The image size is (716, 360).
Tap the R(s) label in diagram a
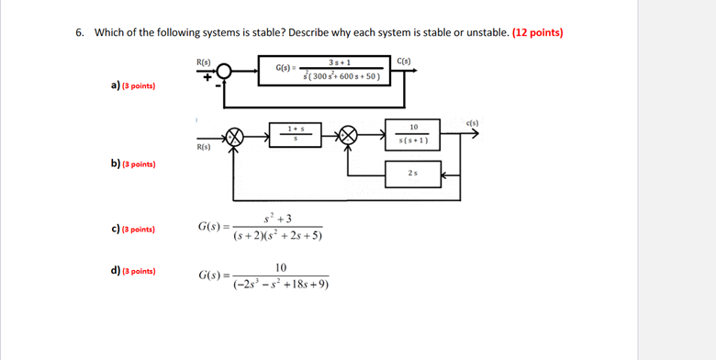point(203,61)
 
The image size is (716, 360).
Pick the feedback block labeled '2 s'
point(413,173)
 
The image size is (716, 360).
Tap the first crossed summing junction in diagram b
point(235,135)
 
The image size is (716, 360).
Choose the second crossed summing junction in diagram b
point(349,135)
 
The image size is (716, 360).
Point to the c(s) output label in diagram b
point(472,123)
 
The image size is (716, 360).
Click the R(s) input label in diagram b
point(204,146)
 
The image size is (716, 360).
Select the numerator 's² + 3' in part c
point(277,218)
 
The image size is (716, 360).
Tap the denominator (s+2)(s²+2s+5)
point(278,236)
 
